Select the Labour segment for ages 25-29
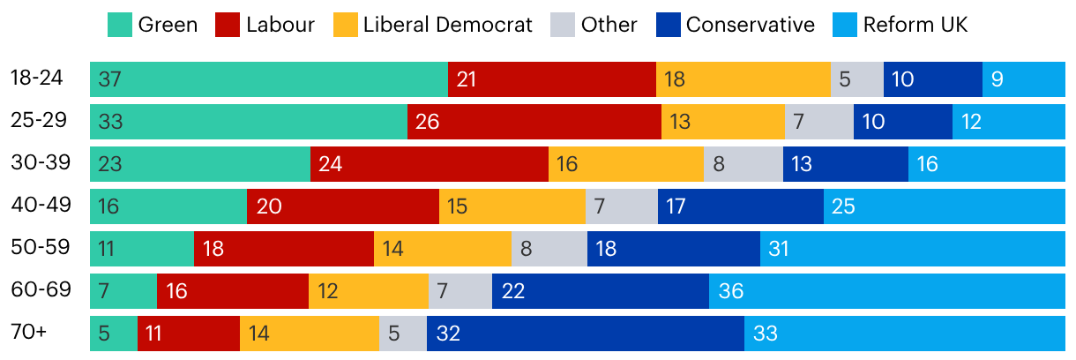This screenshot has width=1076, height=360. click(x=534, y=121)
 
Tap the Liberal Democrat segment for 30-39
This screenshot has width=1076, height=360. click(x=625, y=163)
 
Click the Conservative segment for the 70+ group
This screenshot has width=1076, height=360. click(x=585, y=333)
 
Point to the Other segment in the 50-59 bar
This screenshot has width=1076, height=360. click(x=549, y=248)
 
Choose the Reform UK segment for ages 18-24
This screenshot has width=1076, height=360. click(x=1023, y=79)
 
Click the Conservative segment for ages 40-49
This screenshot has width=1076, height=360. click(x=740, y=206)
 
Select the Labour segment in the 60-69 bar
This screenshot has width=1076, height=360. click(x=232, y=290)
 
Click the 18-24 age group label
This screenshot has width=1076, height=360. click(x=36, y=78)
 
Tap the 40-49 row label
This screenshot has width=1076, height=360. click(x=36, y=206)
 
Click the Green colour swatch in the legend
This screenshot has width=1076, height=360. click(x=119, y=24)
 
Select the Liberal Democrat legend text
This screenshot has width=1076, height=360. click(x=448, y=24)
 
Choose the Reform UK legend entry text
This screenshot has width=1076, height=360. click(x=915, y=24)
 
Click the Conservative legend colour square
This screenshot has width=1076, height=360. click(x=667, y=24)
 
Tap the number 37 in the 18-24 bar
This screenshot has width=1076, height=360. click(x=110, y=79)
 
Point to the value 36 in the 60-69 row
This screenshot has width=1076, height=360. click(x=731, y=290)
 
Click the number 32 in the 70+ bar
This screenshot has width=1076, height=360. click(x=449, y=333)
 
